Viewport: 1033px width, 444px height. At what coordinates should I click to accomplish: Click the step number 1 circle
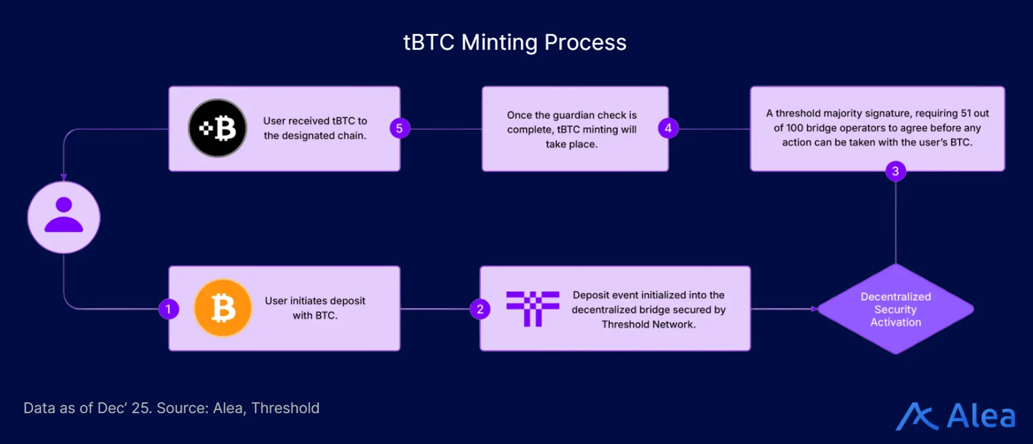tap(168, 309)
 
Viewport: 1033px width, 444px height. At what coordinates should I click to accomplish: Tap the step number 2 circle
tap(480, 309)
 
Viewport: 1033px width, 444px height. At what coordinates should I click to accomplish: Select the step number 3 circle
tap(895, 171)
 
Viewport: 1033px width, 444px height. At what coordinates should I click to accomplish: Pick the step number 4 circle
tap(668, 128)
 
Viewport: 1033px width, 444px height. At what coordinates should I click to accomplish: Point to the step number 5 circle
tap(399, 128)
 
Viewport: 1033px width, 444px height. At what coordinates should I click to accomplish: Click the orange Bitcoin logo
tap(223, 308)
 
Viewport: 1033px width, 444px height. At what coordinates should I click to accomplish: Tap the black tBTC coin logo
tap(217, 128)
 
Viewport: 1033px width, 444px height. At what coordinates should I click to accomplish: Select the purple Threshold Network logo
tap(533, 308)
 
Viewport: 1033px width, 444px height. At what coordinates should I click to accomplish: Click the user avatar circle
tap(63, 217)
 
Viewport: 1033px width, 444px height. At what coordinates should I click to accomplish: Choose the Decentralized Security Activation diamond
tap(895, 309)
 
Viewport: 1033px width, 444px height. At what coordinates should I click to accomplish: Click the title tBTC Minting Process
tap(515, 43)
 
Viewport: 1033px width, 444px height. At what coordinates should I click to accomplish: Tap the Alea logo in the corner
tap(956, 416)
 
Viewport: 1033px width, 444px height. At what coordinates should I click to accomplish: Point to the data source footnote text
tap(171, 408)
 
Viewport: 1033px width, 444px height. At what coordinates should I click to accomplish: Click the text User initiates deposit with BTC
tap(315, 308)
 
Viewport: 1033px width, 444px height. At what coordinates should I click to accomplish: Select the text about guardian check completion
tap(571, 129)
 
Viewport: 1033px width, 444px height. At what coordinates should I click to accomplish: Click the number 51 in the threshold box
tap(966, 114)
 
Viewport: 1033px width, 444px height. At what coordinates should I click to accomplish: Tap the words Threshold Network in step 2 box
tap(648, 325)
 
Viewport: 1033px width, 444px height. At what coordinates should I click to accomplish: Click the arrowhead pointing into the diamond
tap(815, 309)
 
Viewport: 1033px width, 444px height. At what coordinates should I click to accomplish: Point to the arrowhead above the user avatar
tap(63, 177)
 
